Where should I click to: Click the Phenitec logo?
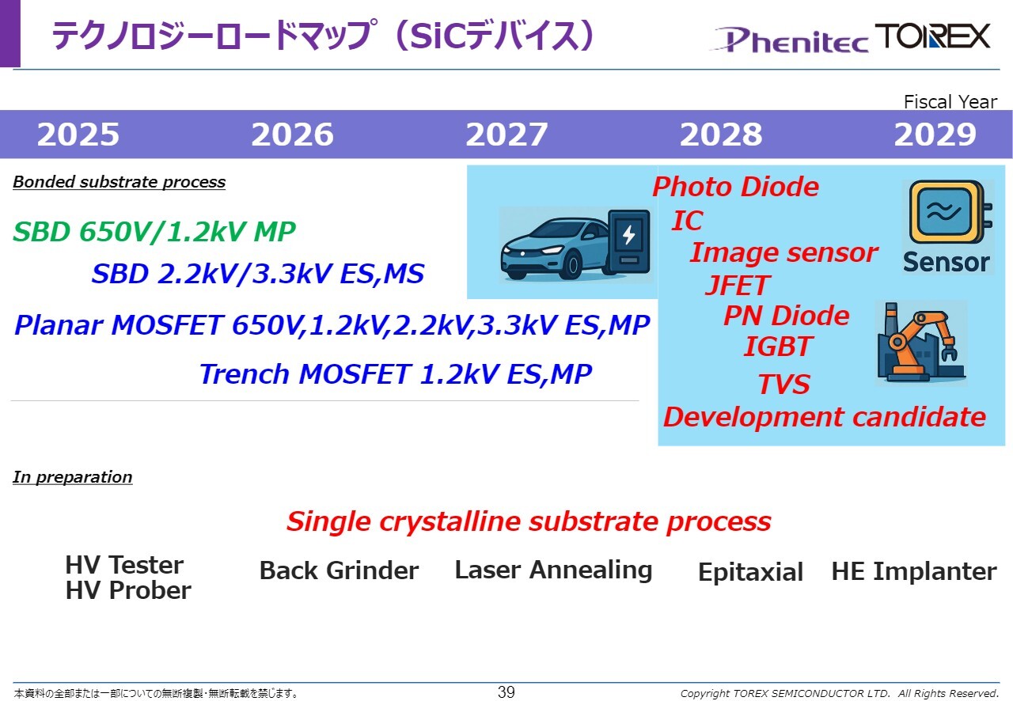(789, 40)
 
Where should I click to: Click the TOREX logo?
(933, 36)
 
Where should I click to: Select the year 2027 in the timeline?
(506, 135)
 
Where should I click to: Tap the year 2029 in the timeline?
(935, 135)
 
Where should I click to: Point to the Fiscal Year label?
(950, 102)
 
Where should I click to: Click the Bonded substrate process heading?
(119, 182)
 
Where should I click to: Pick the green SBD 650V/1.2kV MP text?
(154, 232)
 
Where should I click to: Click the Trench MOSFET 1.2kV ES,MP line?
(396, 374)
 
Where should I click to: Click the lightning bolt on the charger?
(628, 235)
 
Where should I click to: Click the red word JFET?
(737, 285)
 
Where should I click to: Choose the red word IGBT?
(778, 347)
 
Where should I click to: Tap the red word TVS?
(783, 384)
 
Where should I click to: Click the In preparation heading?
(72, 477)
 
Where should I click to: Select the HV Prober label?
(128, 590)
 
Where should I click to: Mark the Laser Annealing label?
(553, 570)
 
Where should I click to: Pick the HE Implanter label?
(914, 570)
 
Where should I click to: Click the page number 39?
(506, 692)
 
